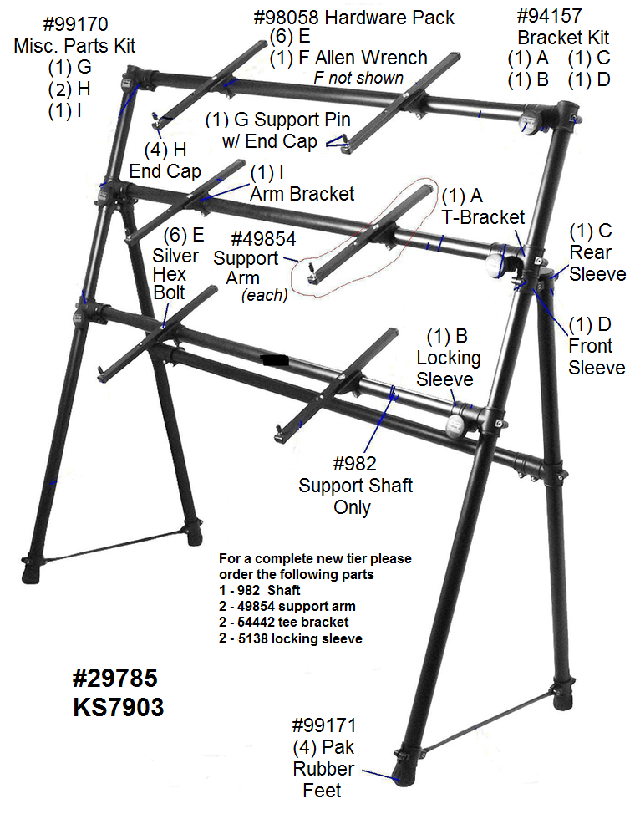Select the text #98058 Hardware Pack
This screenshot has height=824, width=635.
[353, 18]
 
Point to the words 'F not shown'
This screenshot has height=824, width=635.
[358, 78]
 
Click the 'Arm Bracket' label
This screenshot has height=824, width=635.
[302, 194]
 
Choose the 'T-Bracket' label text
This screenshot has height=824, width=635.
[483, 217]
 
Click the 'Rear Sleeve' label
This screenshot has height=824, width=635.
[597, 263]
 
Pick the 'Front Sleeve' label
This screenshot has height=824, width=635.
[597, 357]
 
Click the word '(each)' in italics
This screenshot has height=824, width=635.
[264, 295]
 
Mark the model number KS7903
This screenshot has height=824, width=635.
[118, 707]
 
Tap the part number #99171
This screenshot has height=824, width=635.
[330, 725]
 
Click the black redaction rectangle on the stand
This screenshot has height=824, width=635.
[275, 360]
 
